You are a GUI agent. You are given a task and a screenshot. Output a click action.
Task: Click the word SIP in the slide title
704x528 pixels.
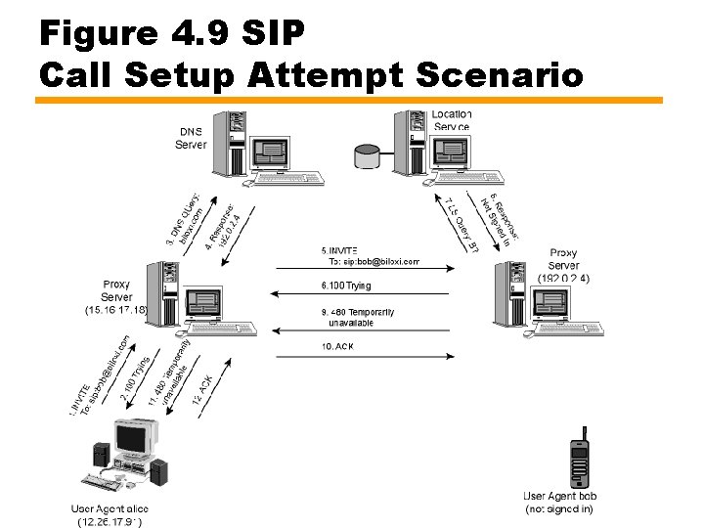pyautogui.click(x=273, y=32)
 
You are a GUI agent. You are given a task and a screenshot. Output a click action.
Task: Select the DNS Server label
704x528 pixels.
pyautogui.click(x=191, y=138)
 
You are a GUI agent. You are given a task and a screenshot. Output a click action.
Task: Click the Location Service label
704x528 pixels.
pyautogui.click(x=451, y=120)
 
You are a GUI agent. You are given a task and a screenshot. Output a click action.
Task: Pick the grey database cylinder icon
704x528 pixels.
pyautogui.click(x=369, y=154)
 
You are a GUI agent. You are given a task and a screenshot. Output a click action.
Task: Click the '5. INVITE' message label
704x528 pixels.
pyautogui.click(x=341, y=250)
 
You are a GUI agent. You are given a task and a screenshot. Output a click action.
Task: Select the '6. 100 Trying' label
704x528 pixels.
pyautogui.click(x=346, y=286)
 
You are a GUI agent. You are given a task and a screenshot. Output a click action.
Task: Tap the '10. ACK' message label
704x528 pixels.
pyautogui.click(x=337, y=346)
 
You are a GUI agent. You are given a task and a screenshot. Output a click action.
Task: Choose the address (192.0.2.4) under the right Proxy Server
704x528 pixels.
pyautogui.click(x=563, y=278)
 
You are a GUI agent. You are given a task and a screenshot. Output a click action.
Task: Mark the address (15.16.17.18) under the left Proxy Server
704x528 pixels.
pyautogui.click(x=116, y=310)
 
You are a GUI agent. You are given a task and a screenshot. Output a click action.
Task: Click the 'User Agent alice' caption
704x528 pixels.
pyautogui.click(x=110, y=508)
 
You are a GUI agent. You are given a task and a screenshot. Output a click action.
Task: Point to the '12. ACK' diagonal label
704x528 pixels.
pyautogui.click(x=207, y=390)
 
